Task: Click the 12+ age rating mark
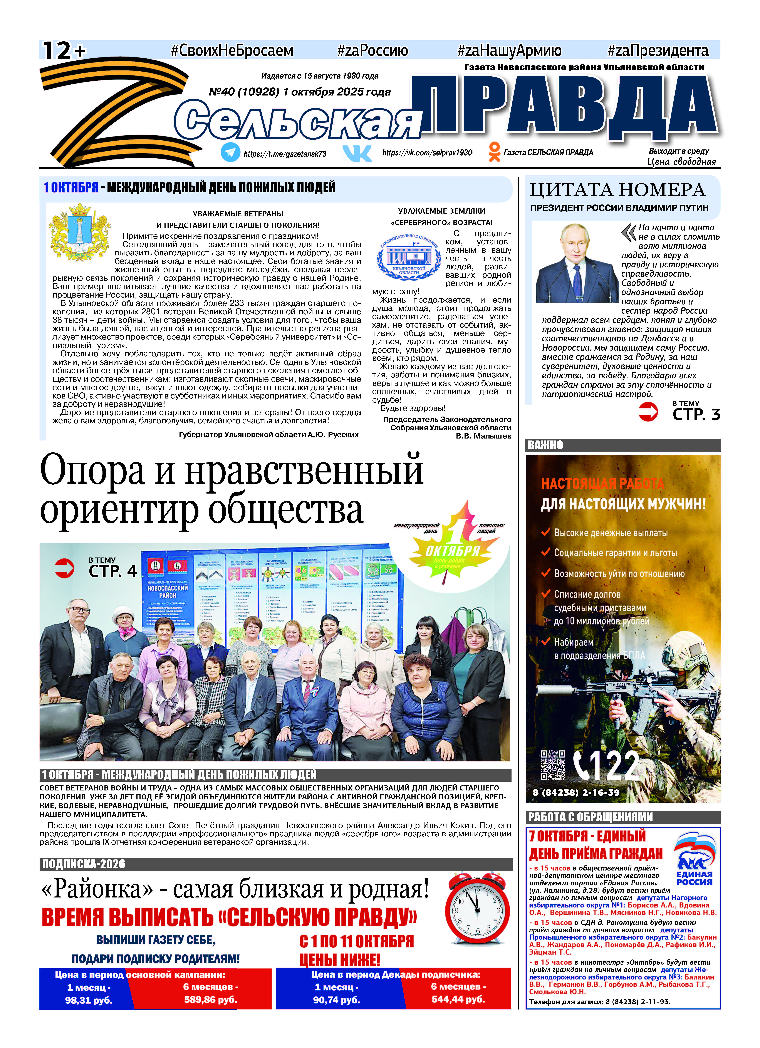[64, 50]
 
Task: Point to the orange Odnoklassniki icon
[494, 152]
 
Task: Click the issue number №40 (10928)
[244, 92]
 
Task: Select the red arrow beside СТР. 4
[64, 568]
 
